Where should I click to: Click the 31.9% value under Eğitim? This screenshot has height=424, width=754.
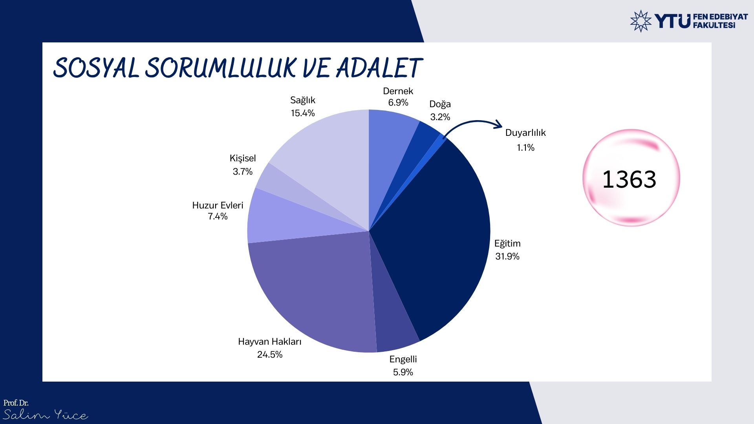pos(507,256)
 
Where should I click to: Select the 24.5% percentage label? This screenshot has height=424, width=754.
pos(270,355)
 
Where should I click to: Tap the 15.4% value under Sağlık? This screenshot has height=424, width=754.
pos(303,113)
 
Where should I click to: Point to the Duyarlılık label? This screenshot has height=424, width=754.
pos(525,133)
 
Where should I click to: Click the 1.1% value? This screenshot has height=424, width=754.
pos(525,148)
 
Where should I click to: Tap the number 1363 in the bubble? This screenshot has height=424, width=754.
pos(629,179)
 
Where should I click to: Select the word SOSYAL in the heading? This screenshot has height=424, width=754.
pos(96,68)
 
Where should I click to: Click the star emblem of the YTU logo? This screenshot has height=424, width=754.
pos(641,21)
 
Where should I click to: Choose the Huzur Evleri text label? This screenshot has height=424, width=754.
pos(218,205)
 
